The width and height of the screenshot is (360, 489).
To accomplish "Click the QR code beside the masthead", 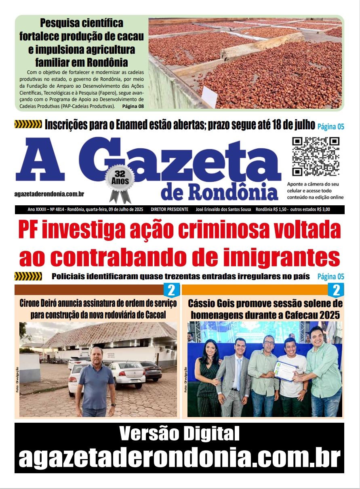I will (x=316, y=156).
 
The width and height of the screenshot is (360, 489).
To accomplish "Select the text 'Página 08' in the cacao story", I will (x=133, y=106).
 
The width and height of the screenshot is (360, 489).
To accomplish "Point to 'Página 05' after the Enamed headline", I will (x=331, y=126).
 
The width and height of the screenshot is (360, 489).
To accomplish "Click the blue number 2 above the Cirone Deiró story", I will (x=171, y=290).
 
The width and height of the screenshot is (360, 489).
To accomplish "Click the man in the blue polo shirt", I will (x=96, y=380).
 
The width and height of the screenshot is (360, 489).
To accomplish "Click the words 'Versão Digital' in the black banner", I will (x=179, y=434).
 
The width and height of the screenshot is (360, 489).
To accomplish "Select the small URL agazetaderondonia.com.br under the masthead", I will (x=49, y=194).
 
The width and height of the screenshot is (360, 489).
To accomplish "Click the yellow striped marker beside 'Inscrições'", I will (x=28, y=124).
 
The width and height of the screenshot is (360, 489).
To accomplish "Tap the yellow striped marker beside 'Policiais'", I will (x=28, y=277).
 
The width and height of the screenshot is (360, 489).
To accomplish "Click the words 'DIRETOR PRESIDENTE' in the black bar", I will (x=169, y=209).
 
